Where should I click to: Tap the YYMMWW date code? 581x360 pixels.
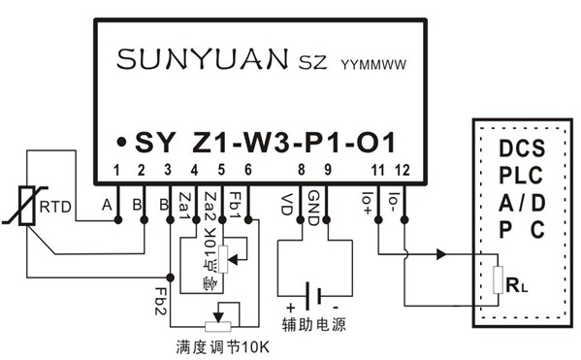(371, 64)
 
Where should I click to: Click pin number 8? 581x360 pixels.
(302, 171)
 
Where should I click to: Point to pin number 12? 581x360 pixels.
(403, 171)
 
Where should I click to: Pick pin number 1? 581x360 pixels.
(117, 171)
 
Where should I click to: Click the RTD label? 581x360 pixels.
(53, 205)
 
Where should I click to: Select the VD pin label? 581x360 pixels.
(287, 204)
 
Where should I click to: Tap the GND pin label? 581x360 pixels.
(313, 205)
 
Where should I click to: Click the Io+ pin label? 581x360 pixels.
(370, 204)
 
